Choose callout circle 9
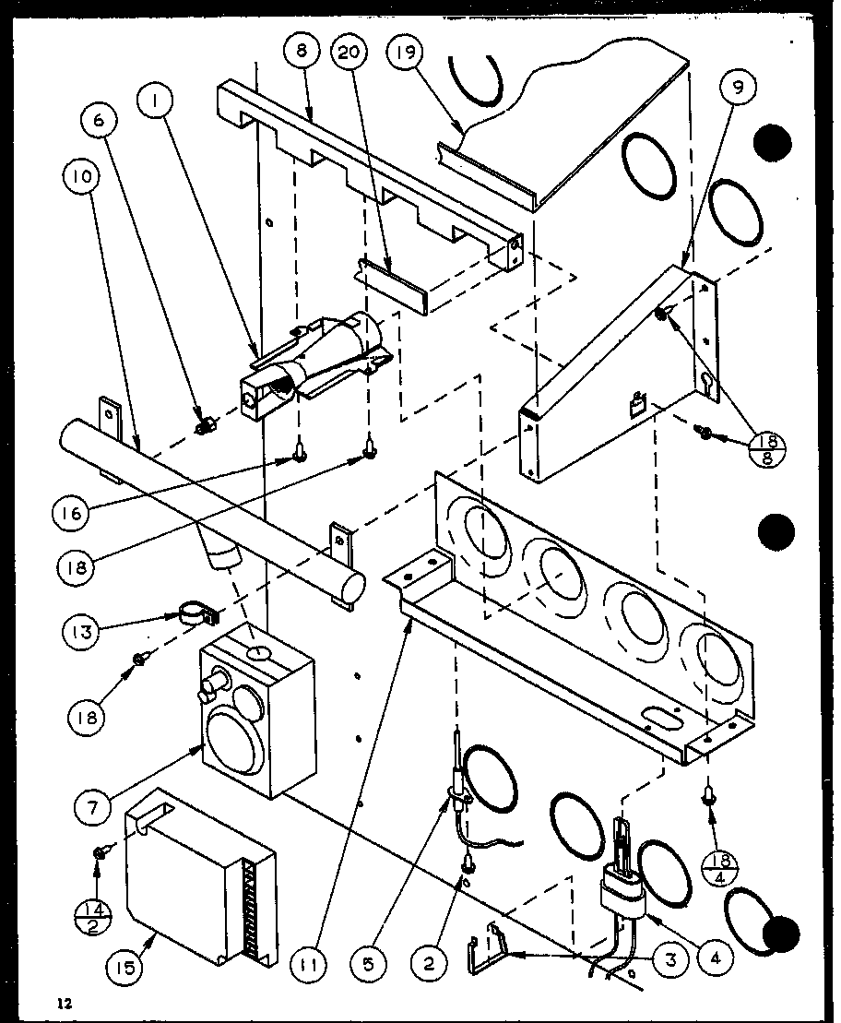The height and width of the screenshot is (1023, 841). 739,89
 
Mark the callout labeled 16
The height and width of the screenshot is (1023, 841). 78,513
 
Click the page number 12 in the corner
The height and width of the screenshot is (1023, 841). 62,1002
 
